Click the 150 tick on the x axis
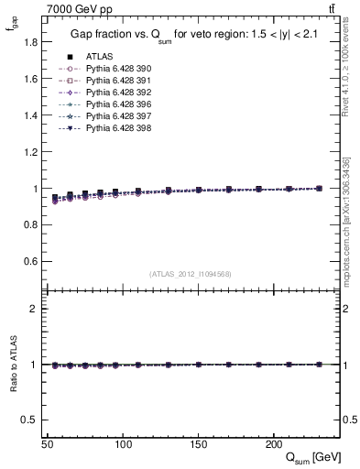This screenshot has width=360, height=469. (198, 444)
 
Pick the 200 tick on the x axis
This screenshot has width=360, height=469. (273, 444)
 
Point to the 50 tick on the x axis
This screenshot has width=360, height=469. (48, 444)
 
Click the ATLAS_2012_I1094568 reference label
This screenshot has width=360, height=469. (191, 274)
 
